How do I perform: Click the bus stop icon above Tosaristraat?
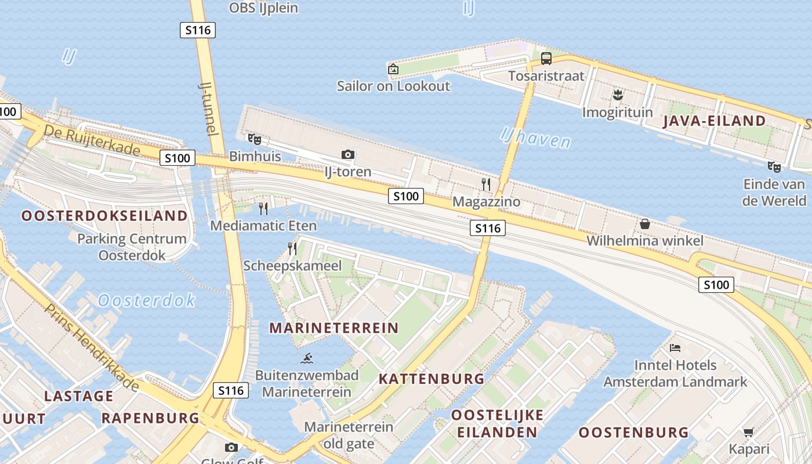click(x=546, y=58)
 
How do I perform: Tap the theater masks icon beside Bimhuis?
click(x=254, y=139)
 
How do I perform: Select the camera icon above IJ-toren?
click(x=348, y=154)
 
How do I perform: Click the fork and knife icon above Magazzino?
click(x=486, y=184)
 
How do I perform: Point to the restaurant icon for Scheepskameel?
click(x=292, y=249)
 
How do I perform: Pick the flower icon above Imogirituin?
click(x=617, y=94)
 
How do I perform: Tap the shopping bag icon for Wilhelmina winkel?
click(x=644, y=224)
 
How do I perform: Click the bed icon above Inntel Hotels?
click(x=675, y=348)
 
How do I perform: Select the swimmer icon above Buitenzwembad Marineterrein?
click(x=306, y=358)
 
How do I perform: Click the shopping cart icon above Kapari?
click(x=749, y=432)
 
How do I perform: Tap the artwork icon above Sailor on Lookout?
click(x=393, y=69)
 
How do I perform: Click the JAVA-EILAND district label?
click(x=714, y=121)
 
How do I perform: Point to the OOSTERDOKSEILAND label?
click(x=105, y=216)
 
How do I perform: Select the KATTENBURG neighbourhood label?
click(x=432, y=379)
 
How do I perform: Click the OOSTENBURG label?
click(x=633, y=433)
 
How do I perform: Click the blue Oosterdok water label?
click(x=147, y=300)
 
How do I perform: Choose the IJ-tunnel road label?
click(x=208, y=108)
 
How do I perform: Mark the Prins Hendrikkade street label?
click(x=92, y=347)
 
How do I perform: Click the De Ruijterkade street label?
click(x=92, y=140)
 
